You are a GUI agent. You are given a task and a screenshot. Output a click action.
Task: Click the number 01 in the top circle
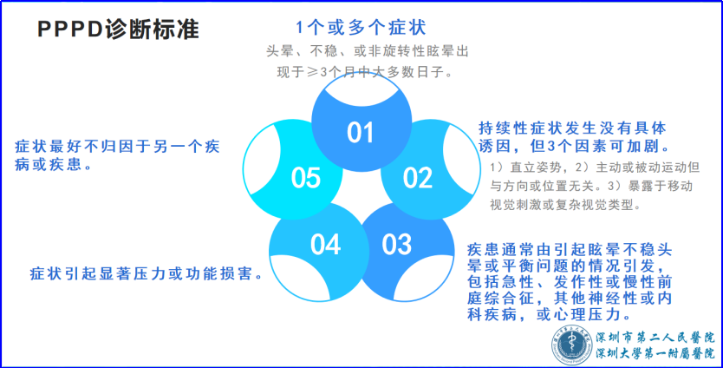(x=360, y=133)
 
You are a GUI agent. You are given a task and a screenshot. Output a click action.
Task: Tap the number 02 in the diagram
(x=418, y=178)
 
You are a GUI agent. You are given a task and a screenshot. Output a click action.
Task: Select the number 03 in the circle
(x=396, y=244)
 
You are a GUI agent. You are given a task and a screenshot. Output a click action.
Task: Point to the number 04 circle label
(x=326, y=244)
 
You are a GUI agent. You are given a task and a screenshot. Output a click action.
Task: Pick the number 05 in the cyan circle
(x=306, y=178)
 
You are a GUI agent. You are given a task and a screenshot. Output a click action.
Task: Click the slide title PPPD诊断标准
(x=118, y=30)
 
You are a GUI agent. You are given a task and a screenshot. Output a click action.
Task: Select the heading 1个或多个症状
(x=361, y=27)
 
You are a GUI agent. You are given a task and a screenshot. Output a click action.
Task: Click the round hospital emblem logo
(x=572, y=345)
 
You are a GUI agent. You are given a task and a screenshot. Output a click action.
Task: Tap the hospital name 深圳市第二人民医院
(x=655, y=338)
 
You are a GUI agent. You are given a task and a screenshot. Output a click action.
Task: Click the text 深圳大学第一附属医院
(x=655, y=354)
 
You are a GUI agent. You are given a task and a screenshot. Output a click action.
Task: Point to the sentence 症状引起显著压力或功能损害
(x=147, y=273)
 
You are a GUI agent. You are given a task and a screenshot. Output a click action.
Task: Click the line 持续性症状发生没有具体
(x=572, y=128)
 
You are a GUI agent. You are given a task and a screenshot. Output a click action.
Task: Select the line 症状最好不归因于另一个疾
(x=118, y=147)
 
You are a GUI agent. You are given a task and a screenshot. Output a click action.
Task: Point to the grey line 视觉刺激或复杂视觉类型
(x=565, y=205)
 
